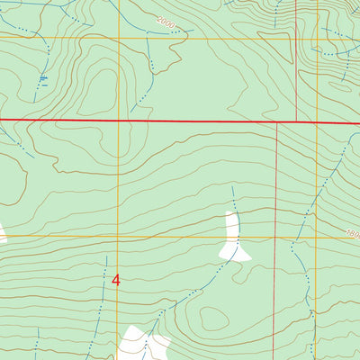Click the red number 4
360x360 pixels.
pos(115,280)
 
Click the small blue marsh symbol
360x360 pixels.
pos(42,81)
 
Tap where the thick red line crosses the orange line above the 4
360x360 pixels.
pos(119,120)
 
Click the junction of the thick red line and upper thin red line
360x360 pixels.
pos(296,121)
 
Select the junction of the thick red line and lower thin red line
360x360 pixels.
pos(274,121)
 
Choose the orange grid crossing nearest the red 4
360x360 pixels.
pos(119,238)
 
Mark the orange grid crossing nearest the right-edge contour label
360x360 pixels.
pos(316,238)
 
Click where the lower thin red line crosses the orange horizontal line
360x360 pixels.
pos(274,238)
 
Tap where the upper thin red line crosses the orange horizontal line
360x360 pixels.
pos(296,37)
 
